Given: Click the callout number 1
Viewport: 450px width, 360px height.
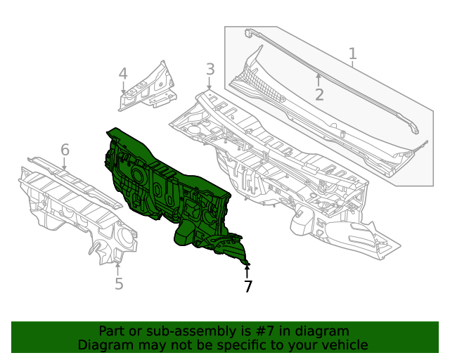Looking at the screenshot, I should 353,53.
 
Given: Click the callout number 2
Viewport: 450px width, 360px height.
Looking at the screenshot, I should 319,95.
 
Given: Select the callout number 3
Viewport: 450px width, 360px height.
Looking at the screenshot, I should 210,69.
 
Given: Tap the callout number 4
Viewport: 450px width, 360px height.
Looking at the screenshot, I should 122,74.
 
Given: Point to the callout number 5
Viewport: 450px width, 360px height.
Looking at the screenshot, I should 119,283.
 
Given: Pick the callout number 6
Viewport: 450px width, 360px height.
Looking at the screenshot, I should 65,150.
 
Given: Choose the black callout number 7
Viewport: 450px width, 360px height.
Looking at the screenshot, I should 247,286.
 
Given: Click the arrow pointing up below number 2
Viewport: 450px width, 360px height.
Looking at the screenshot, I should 319,79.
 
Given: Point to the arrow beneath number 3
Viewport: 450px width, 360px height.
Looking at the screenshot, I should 210,84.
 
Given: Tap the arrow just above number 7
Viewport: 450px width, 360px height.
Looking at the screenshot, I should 247,269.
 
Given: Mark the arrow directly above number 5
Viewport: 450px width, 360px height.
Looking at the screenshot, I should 118,267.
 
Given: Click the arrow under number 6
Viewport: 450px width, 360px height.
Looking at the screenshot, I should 65,165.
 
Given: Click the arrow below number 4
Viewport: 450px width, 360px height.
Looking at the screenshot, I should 123,88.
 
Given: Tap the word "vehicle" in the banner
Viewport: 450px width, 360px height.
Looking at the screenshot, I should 343,345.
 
